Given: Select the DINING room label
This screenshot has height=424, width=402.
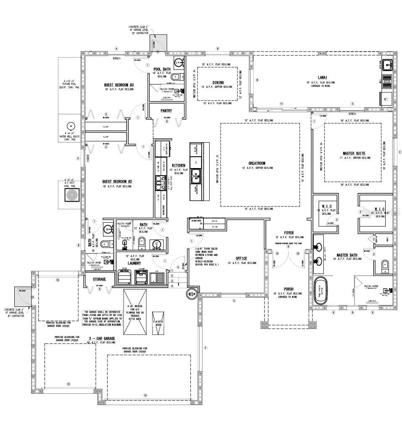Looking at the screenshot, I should (218, 82).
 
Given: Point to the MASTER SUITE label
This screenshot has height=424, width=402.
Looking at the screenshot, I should (354, 153).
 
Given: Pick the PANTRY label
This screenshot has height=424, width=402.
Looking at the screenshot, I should (167, 111).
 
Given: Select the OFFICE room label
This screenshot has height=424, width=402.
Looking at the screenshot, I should (241, 258).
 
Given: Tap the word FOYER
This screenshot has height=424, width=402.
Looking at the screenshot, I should (289, 232).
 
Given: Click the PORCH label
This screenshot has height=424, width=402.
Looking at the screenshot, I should (289, 289).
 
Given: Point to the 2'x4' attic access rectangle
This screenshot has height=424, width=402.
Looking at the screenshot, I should (158, 323).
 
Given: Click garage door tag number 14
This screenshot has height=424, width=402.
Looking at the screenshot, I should (145, 395).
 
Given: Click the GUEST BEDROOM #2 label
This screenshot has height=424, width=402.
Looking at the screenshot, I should (117, 182).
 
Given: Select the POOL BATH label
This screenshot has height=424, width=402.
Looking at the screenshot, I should (161, 69).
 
